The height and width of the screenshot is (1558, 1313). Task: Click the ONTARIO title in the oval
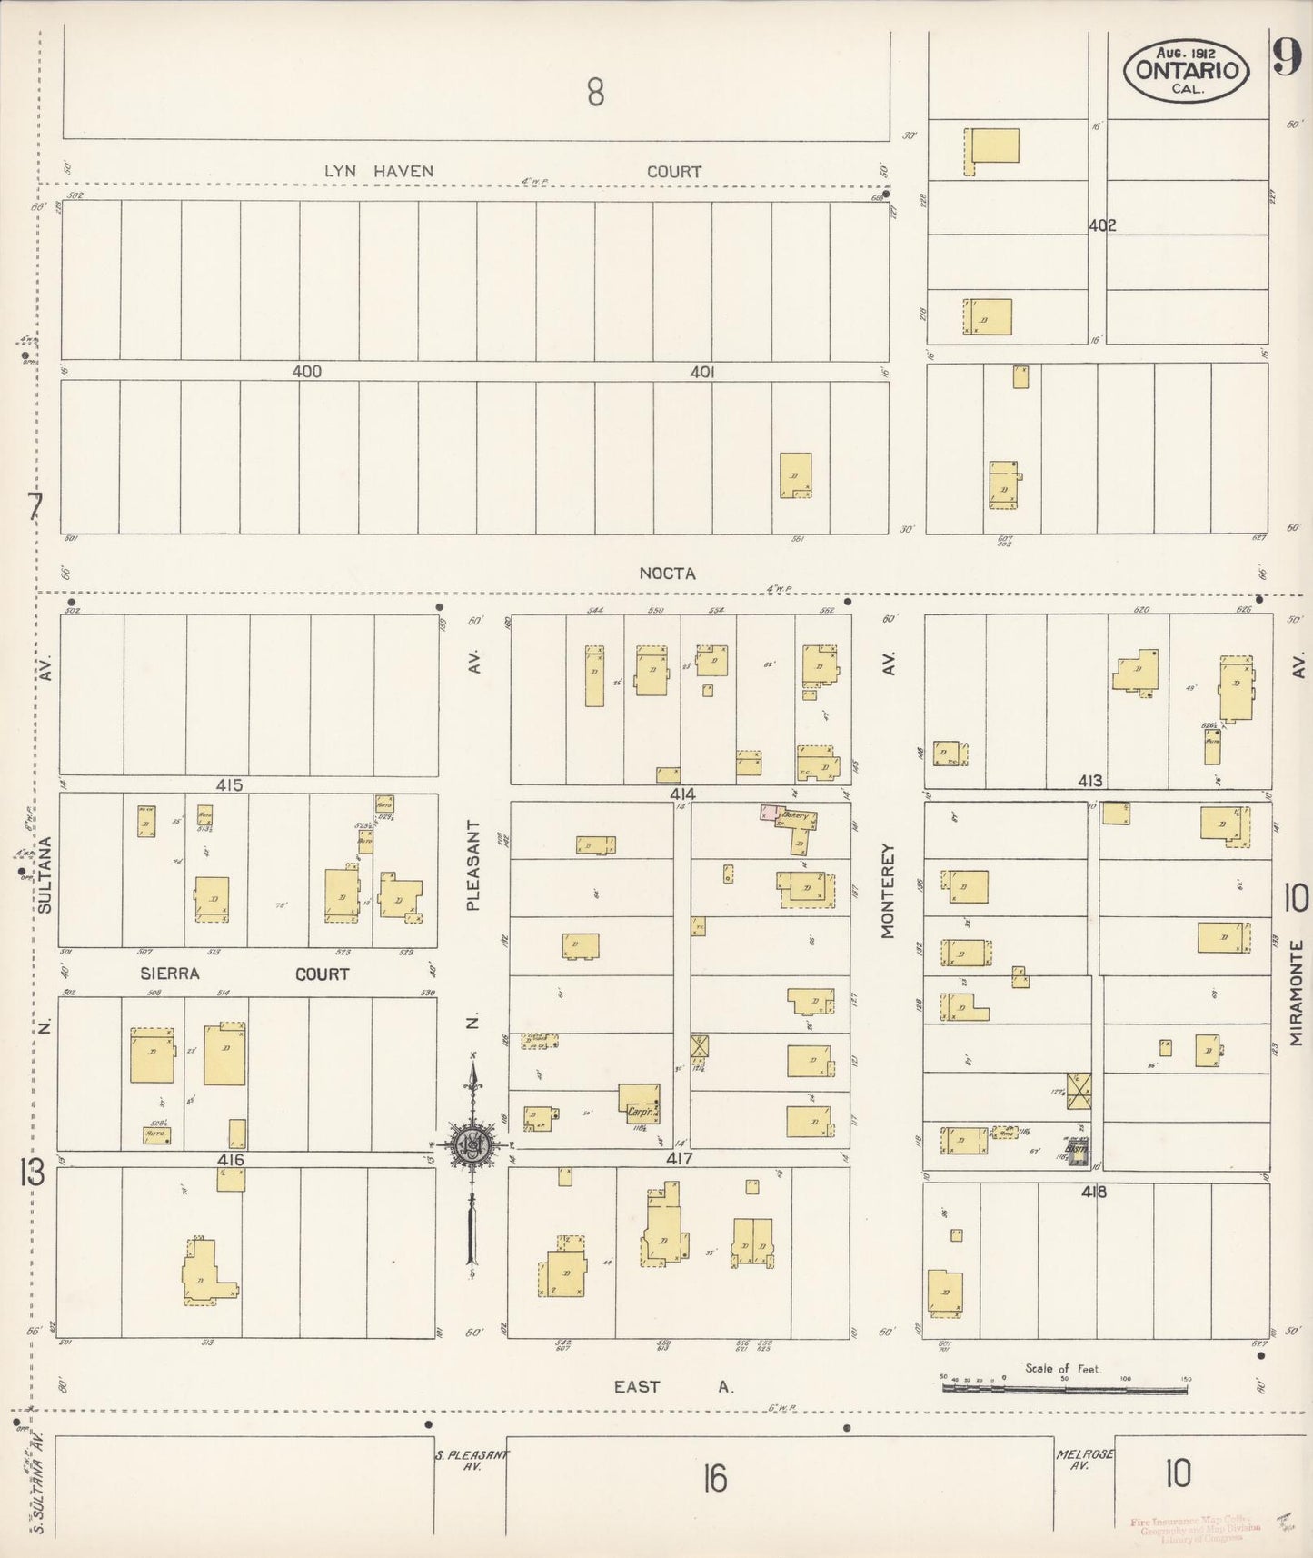pyautogui.click(x=1185, y=69)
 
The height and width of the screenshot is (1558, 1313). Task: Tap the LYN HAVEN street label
pyautogui.click(x=379, y=171)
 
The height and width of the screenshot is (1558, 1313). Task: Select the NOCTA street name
pyautogui.click(x=667, y=574)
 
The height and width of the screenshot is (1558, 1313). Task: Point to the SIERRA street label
pyautogui.click(x=170, y=974)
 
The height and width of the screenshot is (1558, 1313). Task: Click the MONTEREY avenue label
pyautogui.click(x=888, y=891)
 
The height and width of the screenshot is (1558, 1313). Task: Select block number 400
pyautogui.click(x=307, y=372)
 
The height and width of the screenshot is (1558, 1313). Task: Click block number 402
pyautogui.click(x=1101, y=225)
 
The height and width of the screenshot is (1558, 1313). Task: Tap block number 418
pyautogui.click(x=1094, y=1192)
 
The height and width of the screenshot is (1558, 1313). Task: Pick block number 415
pyautogui.click(x=229, y=784)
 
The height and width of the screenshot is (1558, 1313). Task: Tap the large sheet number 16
pyautogui.click(x=715, y=1480)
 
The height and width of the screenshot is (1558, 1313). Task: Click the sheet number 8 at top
pyautogui.click(x=595, y=92)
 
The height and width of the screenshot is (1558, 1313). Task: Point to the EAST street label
pyautogui.click(x=636, y=1386)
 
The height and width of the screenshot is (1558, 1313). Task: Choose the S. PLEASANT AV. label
pyautogui.click(x=472, y=1461)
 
